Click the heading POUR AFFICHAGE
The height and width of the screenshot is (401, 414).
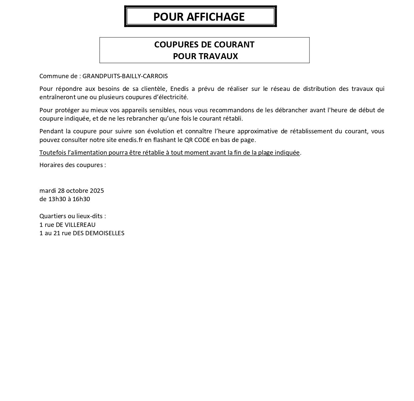[199, 17]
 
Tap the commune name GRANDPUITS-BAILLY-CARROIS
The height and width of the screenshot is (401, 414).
[125, 76]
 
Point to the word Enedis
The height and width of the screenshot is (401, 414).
[180, 89]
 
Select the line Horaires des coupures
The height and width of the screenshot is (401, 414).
[72, 165]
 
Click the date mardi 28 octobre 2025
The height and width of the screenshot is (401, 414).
[71, 191]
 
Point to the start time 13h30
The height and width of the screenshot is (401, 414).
[56, 199]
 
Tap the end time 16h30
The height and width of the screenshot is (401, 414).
[81, 199]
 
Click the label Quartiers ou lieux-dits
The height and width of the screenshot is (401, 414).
[72, 216]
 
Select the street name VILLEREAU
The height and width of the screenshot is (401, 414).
[80, 225]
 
